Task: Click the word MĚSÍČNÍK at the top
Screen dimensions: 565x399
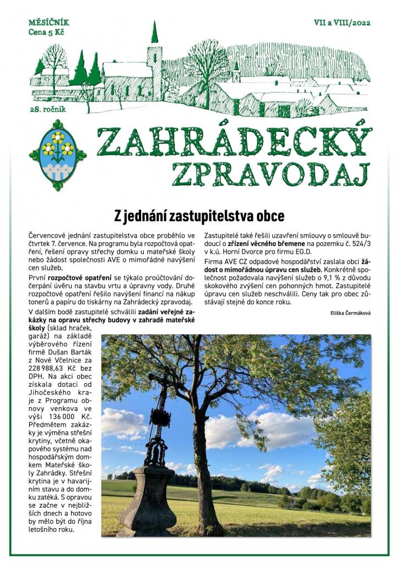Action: pos(48,23)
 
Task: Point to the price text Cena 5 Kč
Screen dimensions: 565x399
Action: pos(46,33)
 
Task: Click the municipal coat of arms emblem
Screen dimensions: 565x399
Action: pos(57,154)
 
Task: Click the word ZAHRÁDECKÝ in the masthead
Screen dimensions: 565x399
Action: pos(232,141)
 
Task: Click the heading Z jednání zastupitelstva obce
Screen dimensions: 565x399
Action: pos(199,214)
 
